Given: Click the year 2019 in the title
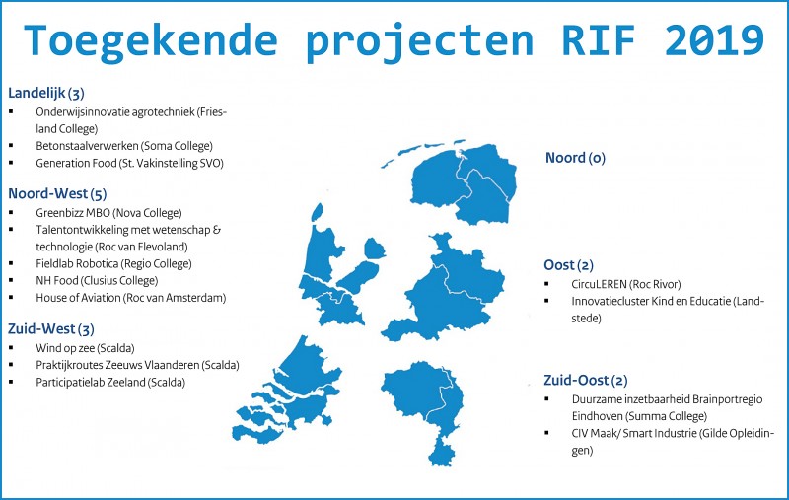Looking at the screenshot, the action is coord(714,39).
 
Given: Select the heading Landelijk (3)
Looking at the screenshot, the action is coord(46,93).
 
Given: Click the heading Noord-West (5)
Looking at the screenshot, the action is coord(57,193).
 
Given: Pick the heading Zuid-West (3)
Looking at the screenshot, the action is coord(51,329).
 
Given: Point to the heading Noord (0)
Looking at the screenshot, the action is coord(575,158).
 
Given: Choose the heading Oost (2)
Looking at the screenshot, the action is coord(569,265).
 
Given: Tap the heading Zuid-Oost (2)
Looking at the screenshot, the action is coord(586,381).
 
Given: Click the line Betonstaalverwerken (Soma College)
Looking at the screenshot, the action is coord(124,146).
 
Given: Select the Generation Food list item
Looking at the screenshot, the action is coord(130,163).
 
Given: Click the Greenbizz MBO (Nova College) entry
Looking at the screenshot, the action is coord(108,213).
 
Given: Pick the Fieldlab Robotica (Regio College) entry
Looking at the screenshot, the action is coord(113,264).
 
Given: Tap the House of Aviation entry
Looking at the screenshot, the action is coord(131,298).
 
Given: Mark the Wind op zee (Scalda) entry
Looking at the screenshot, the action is coord(85,348).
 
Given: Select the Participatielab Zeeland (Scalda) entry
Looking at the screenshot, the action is coord(110,383).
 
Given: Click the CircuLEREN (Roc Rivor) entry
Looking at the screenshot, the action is coord(626,284).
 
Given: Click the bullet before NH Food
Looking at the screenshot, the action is coord(11,280).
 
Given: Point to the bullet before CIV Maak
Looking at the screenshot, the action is coord(546,433).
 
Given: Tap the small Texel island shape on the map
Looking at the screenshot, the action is coord(317,212).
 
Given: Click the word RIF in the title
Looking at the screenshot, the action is coord(599,39).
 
